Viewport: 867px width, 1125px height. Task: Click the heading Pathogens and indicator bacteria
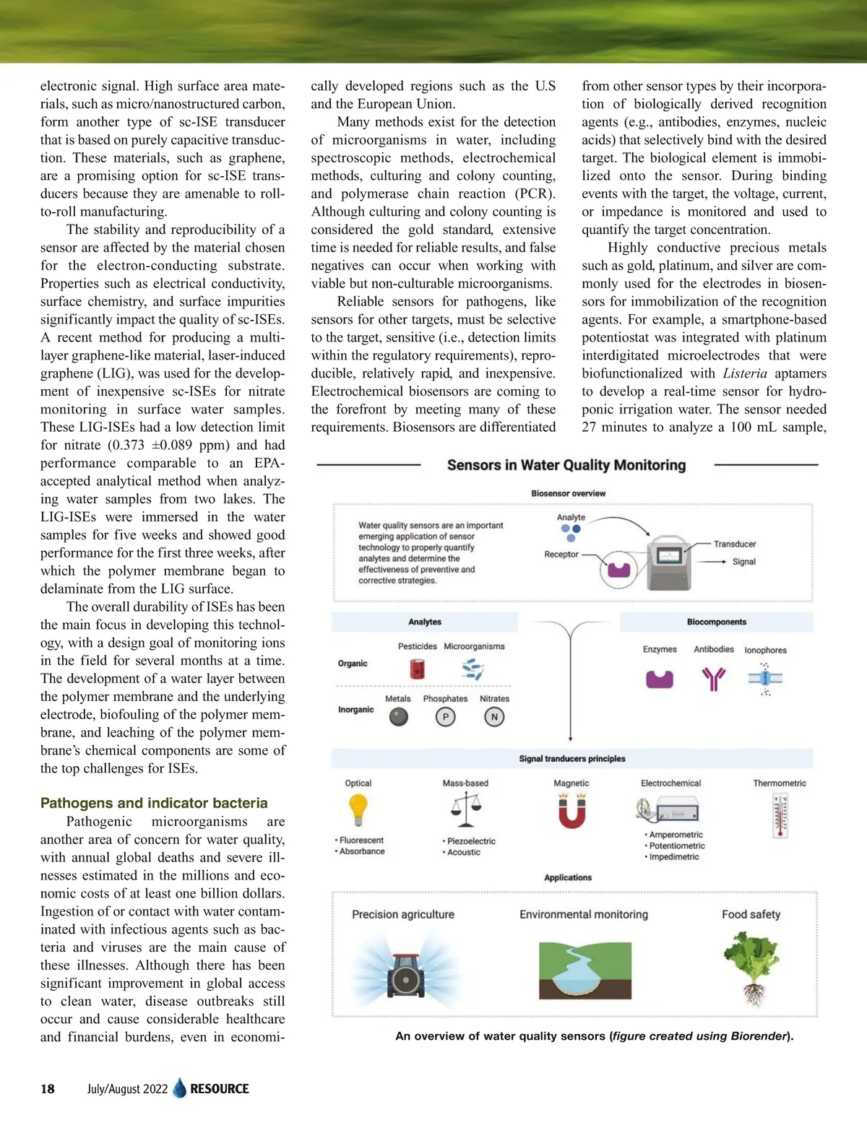coord(154,803)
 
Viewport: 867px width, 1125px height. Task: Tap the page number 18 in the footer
coord(48,1089)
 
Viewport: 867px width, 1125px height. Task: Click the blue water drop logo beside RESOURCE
coord(180,1088)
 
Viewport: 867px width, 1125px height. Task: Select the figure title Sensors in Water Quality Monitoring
coord(566,465)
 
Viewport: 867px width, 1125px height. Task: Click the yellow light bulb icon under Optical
coord(358,809)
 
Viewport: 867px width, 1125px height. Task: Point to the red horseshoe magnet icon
coord(571,811)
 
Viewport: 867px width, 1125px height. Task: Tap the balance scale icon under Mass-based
coord(466,809)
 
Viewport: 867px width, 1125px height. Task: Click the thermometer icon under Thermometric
coord(780,815)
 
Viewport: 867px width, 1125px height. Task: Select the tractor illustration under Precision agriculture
coord(405,973)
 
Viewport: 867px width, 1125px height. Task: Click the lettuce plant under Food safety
coord(751,965)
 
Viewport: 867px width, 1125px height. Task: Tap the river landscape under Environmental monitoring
coord(585,970)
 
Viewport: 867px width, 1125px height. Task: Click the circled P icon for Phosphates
coord(446,717)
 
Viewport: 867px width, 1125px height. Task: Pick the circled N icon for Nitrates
coord(494,717)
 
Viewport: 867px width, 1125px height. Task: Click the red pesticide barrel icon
coord(417,669)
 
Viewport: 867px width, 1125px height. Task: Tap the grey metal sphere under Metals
coord(398,717)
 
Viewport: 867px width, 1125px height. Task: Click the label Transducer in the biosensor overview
coord(735,544)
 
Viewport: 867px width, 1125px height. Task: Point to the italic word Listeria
coord(745,373)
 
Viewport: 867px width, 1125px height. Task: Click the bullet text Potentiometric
coord(677,846)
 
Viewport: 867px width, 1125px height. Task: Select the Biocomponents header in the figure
coord(717,622)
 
